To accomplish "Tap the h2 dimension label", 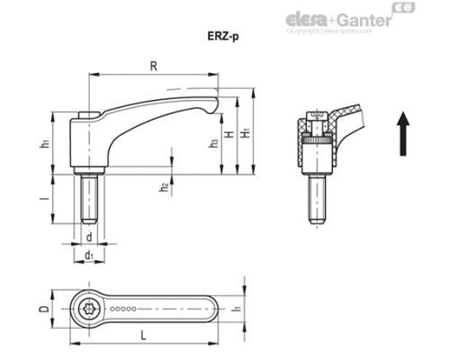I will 163,187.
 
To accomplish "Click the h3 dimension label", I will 212,143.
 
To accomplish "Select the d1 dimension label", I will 88,256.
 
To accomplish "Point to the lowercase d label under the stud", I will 90,237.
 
